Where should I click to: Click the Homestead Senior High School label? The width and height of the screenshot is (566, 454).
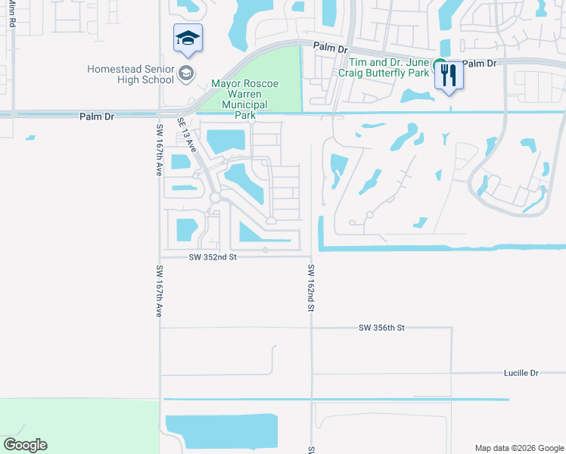131,73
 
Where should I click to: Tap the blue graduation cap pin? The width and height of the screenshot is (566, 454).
188,39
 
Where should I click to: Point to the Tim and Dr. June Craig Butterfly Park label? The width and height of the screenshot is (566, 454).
387,69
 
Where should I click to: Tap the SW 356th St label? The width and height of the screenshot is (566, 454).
382,328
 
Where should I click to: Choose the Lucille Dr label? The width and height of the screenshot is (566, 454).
521,373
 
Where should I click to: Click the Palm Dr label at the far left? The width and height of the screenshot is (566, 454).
97,117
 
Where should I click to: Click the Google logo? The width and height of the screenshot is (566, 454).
25,445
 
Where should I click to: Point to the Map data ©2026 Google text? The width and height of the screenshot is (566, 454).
518,447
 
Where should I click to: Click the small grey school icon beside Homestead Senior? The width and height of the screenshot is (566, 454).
186,73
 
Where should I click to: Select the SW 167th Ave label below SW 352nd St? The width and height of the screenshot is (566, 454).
159,291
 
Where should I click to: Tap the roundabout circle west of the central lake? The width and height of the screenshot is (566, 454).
215,197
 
